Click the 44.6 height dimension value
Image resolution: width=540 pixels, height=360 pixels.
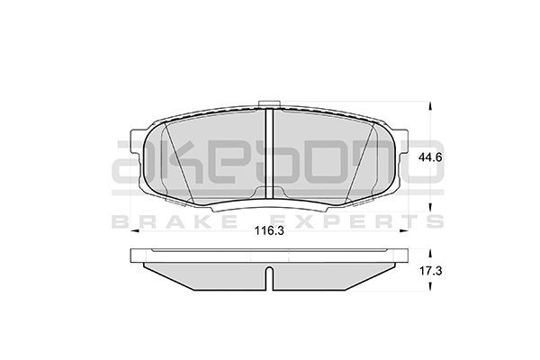[430, 157]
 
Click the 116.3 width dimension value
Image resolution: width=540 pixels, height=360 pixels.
[269, 230]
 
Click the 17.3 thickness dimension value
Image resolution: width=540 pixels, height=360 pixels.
[430, 271]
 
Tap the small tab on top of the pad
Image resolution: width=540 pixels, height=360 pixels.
[269, 104]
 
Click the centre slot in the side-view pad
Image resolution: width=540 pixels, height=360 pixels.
[270, 278]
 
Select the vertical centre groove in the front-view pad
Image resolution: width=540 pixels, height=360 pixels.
[269, 153]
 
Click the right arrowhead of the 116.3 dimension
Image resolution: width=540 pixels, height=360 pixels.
[404, 230]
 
